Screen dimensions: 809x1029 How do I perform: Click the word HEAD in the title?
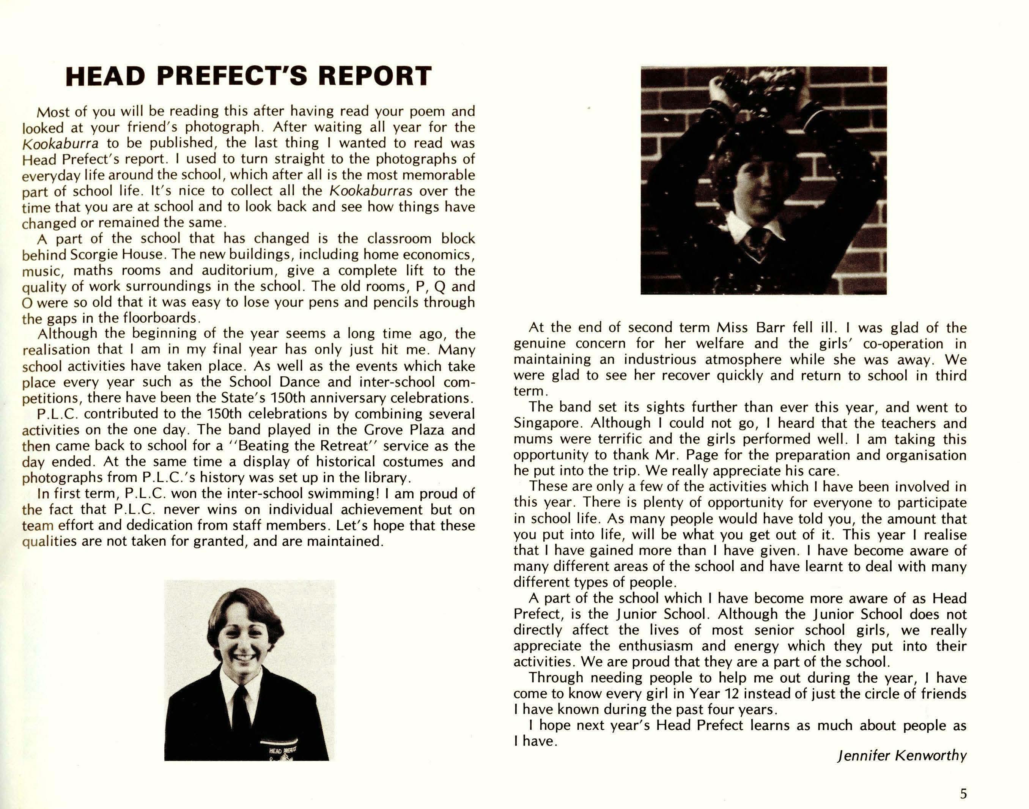click(105, 76)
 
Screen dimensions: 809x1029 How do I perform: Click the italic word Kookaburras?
click(370, 191)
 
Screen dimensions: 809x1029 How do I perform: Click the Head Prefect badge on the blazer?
click(282, 750)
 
